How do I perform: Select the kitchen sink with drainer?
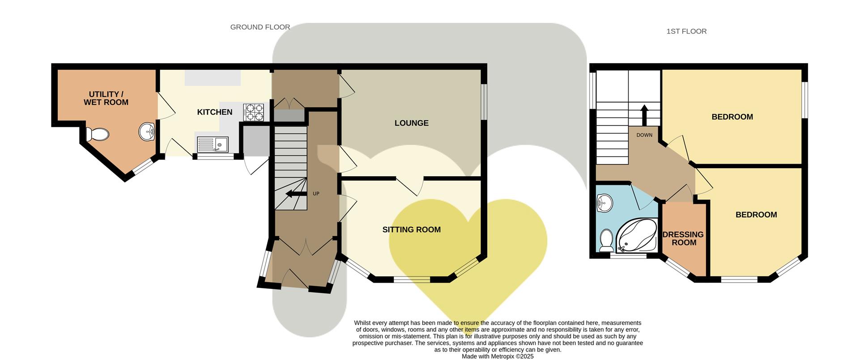tap(213, 144)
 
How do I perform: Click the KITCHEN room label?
tap(215, 112)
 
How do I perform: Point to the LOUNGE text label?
tap(411, 123)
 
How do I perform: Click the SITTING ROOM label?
tap(411, 229)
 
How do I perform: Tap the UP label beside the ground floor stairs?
tap(316, 194)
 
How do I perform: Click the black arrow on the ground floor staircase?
tap(295, 194)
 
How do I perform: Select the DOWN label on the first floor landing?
tap(644, 135)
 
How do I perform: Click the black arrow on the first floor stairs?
tap(644, 115)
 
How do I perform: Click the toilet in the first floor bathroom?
tap(606, 241)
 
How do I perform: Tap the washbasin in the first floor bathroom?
tap(604, 203)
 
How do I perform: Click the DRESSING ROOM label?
tap(683, 238)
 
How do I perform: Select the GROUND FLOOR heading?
tap(260, 27)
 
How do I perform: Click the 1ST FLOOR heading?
tap(686, 31)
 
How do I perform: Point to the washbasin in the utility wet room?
tap(147, 131)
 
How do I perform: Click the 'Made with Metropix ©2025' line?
tap(498, 356)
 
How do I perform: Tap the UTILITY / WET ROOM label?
tap(106, 98)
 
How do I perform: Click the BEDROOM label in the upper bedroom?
tap(732, 117)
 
